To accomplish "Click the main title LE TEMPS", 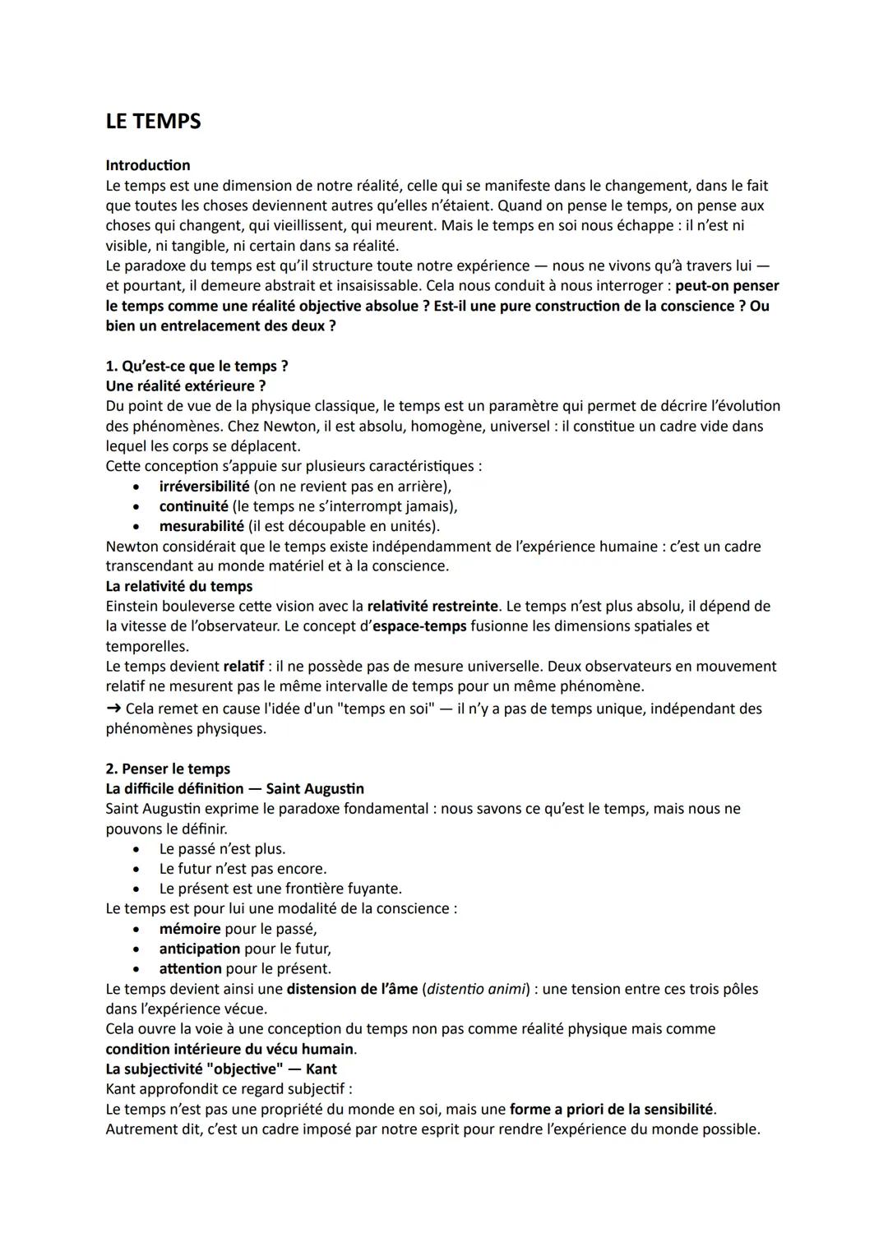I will coord(153,121).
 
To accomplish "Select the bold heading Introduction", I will coord(147,165).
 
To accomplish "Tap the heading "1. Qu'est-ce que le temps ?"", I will coord(197,366).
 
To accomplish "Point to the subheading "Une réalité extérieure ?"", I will coord(185,386).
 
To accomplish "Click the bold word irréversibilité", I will coord(204,486).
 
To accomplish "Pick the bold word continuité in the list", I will coord(193,506).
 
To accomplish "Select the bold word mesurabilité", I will coord(201,526).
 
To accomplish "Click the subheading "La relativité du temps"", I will coord(178,586).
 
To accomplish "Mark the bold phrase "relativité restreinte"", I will coord(432,607).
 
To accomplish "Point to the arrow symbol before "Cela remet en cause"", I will coord(113,709).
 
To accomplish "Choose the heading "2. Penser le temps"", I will coord(168,769).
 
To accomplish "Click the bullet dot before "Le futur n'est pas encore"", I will coord(136,869).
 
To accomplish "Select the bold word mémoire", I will coord(189,929).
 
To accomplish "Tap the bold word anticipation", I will coord(199,949).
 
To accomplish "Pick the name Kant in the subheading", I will coord(321,1069).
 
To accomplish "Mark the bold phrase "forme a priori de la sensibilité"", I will coord(612,1110).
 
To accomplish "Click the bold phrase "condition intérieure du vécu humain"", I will coord(229,1049).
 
